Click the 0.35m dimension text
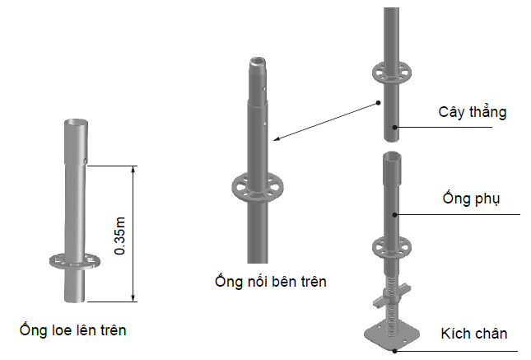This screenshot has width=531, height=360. pyautogui.click(x=120, y=236)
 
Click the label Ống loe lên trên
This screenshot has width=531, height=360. pyautogui.click(x=72, y=330)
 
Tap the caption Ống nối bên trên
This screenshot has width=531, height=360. pyautogui.click(x=271, y=282)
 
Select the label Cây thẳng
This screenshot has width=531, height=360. pyautogui.click(x=473, y=112)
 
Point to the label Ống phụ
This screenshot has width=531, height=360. pyautogui.click(x=471, y=199)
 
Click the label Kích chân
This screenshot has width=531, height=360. pyautogui.click(x=474, y=334)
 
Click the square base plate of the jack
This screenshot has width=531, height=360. pyautogui.click(x=392, y=334)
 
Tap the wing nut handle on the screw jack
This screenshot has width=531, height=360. pyautogui.click(x=392, y=296)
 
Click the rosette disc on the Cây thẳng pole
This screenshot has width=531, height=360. pyautogui.click(x=392, y=72)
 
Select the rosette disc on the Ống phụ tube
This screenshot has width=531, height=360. pyautogui.click(x=392, y=247)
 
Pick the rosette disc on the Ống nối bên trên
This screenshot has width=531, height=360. pyautogui.click(x=258, y=188)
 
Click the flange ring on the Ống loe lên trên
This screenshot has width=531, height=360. pyautogui.click(x=74, y=260)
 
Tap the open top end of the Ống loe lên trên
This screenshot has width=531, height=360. pyautogui.click(x=77, y=123)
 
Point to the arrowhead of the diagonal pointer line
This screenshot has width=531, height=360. pyautogui.click(x=277, y=138)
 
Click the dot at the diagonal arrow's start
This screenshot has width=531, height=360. pyautogui.click(x=378, y=103)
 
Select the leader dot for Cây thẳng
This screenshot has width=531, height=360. pyautogui.click(x=394, y=128)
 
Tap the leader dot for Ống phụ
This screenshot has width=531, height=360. pyautogui.click(x=394, y=214)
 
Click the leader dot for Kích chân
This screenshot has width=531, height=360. pyautogui.click(x=394, y=351)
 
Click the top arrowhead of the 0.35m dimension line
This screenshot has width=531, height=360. pyautogui.click(x=133, y=169)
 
